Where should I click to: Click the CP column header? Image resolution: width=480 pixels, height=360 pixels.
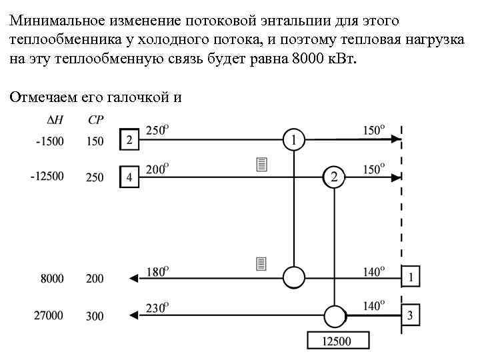(95, 120)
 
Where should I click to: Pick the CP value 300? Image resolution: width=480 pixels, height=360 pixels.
(95, 315)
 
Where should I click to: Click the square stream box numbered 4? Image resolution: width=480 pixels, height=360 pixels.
(129, 177)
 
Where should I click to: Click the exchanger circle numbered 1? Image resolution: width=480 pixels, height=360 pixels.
(294, 139)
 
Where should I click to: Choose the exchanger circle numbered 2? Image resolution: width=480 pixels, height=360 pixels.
(334, 177)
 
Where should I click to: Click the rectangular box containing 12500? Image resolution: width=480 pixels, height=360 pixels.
(338, 341)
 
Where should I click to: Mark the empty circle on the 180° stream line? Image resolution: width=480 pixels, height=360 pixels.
(294, 276)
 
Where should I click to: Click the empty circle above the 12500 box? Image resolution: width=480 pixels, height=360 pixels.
(334, 315)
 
